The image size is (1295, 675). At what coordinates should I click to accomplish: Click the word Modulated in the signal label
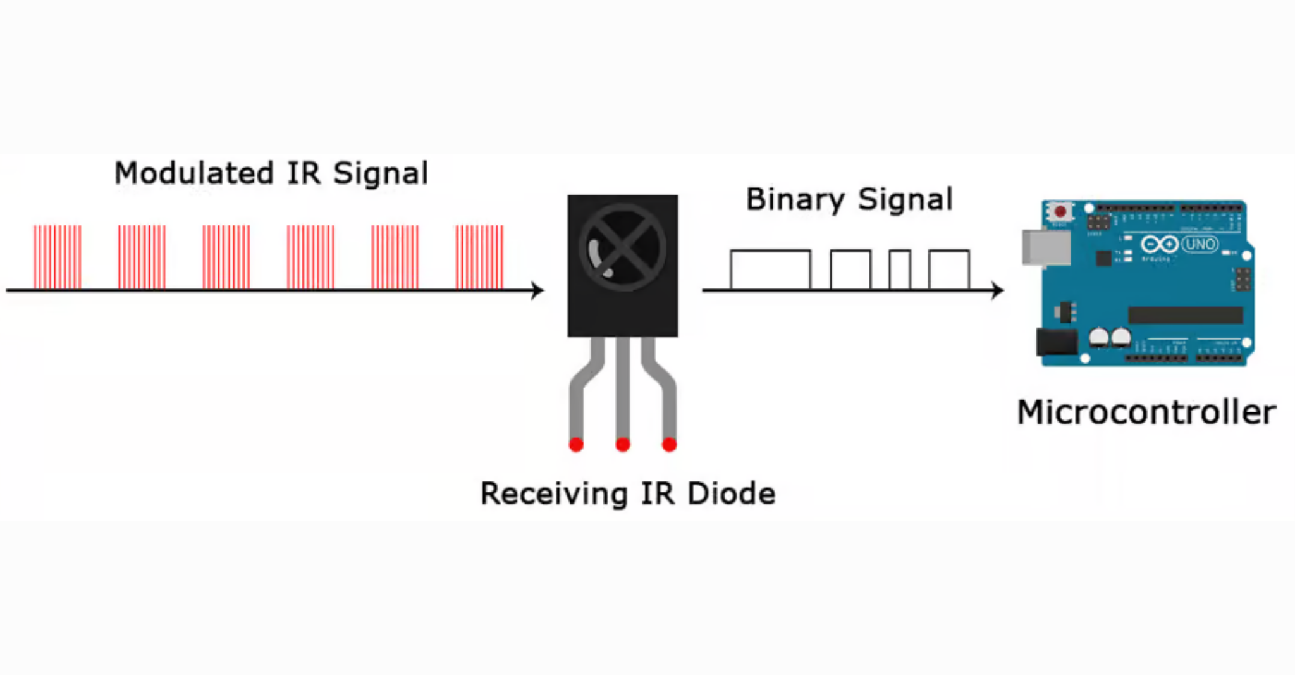[193, 173]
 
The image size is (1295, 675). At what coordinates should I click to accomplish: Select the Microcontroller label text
[1146, 412]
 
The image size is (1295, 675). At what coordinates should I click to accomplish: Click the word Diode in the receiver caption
[731, 493]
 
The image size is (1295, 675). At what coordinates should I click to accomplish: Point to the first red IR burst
[58, 257]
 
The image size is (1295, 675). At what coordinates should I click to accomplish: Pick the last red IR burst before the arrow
[479, 257]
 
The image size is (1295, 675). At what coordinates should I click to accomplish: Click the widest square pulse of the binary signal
[770, 269]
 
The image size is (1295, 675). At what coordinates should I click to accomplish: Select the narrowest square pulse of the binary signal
[900, 269]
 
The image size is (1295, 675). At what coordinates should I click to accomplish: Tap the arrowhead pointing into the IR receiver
[537, 290]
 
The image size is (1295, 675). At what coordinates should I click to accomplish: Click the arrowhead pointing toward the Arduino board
[998, 290]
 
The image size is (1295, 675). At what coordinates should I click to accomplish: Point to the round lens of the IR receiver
[622, 247]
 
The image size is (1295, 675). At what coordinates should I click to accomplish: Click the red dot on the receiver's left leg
[576, 445]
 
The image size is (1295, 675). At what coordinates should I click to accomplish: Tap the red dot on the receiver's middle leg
[623, 445]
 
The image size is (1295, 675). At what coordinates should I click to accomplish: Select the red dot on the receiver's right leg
[670, 445]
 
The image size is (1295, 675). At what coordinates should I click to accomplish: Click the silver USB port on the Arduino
[1046, 247]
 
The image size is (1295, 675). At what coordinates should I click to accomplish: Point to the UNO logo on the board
[1200, 244]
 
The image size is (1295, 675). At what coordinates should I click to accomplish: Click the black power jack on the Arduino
[1057, 342]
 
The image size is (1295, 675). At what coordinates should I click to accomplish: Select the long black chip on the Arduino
[1186, 315]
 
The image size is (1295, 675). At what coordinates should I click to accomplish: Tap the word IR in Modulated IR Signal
[304, 173]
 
